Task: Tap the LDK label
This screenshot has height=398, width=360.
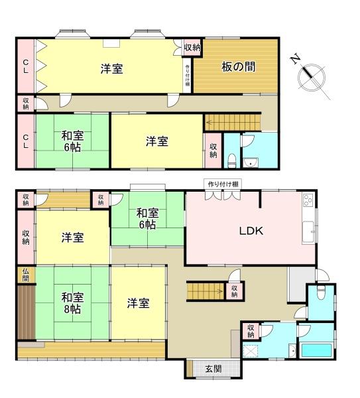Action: tap(252, 232)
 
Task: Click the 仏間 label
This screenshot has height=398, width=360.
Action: tap(25, 275)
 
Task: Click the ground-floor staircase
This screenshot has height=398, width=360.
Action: tap(206, 291)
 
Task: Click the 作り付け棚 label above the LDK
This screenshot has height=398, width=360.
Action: tap(223, 184)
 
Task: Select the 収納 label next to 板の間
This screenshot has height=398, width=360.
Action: tap(192, 47)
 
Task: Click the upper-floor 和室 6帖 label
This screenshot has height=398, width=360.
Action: tap(72, 141)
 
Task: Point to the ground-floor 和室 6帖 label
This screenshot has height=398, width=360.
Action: tap(147, 218)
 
